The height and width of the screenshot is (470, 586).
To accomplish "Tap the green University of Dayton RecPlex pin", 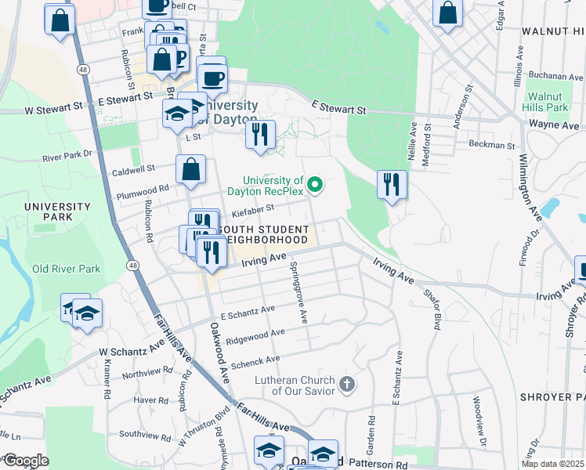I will (x=316, y=185).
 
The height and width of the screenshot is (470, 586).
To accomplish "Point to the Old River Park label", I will (x=66, y=269).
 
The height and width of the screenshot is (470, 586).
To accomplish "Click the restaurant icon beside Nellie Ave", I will (x=391, y=185).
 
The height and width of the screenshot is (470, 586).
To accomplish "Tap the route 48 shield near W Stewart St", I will (x=82, y=70).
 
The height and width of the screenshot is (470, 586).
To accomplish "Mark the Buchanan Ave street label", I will (x=555, y=77).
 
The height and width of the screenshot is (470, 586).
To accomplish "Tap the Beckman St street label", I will (x=492, y=145).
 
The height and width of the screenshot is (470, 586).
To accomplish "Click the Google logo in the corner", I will (x=26, y=460).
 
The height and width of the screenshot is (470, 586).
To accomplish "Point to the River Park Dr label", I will (x=68, y=157).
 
